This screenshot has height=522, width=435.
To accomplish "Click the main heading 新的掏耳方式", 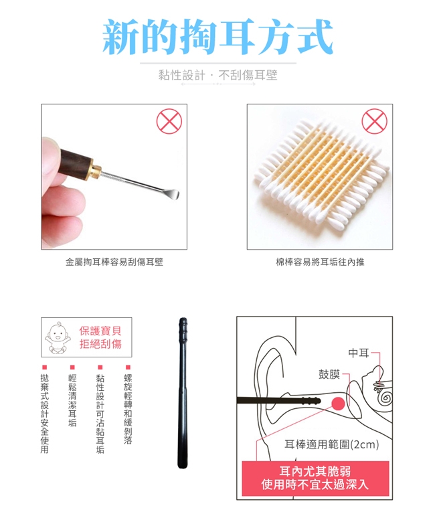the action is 217,37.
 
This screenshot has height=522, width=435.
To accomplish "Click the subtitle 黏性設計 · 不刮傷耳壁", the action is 217,75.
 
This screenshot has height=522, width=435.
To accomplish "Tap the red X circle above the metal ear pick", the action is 169,121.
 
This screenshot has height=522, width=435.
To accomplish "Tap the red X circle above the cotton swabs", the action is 374,121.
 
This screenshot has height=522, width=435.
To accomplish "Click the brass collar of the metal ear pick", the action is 96,169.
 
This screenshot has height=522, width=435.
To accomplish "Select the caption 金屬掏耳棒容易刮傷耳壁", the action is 114,262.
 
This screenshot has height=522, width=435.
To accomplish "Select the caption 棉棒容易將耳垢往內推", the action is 320,262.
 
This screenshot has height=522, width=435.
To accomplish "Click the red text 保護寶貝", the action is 100,331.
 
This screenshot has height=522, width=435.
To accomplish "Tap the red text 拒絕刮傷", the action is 100,343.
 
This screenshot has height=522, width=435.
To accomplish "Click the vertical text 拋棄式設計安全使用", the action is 45,414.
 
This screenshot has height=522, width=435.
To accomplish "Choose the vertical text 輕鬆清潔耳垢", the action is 72,400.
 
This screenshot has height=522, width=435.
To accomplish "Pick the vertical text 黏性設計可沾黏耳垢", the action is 100,414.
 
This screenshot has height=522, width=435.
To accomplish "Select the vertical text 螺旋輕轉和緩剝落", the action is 128,409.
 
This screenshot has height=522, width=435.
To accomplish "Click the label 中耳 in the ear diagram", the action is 359,353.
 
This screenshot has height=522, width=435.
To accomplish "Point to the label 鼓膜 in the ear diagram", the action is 329,374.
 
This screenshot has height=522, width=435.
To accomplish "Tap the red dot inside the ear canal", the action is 339,404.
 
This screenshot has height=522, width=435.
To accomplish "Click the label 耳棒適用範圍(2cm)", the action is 331,444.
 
